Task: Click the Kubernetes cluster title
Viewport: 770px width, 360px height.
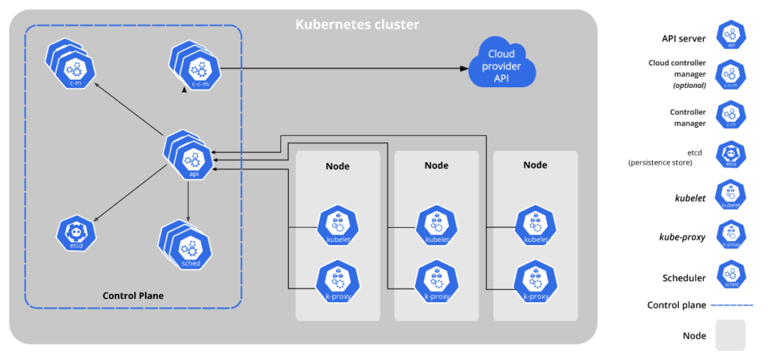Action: click(x=356, y=24)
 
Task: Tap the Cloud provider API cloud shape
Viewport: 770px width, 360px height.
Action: click(x=502, y=66)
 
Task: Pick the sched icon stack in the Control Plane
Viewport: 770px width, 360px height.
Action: click(x=185, y=244)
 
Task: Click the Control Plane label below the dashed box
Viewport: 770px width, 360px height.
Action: click(x=132, y=295)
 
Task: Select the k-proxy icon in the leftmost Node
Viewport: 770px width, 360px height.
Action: click(x=336, y=280)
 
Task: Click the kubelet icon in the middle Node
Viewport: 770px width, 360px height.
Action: click(x=436, y=225)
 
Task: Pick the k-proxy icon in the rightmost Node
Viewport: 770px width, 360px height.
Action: click(x=534, y=280)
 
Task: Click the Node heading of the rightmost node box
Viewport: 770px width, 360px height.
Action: click(x=535, y=165)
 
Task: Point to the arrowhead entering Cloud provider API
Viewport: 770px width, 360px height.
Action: click(x=464, y=68)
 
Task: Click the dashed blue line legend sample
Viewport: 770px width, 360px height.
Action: click(x=732, y=305)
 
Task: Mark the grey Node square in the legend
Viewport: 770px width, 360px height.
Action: click(x=730, y=335)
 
